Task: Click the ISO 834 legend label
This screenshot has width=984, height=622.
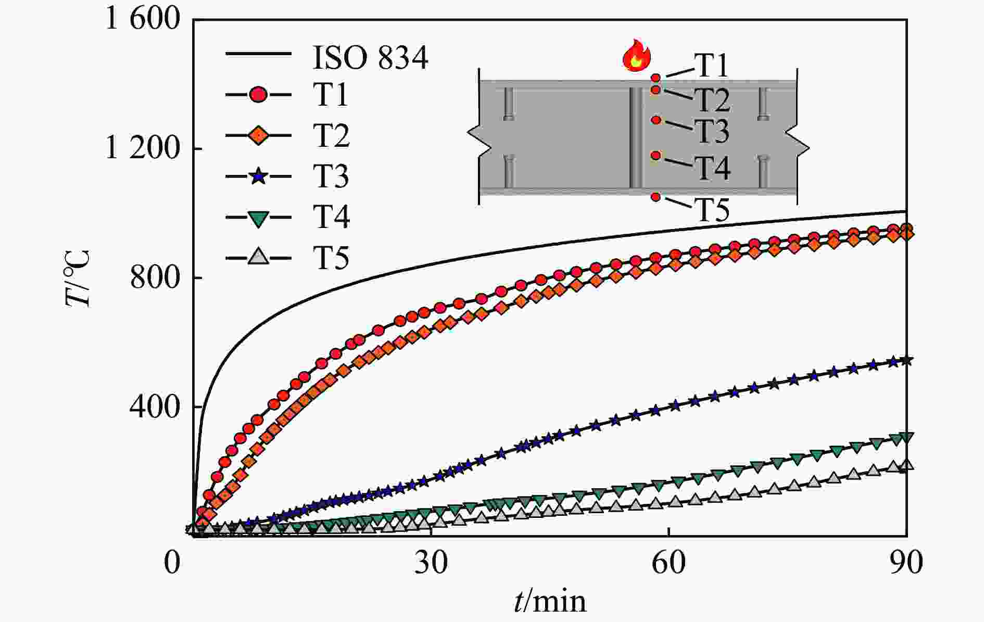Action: pyautogui.click(x=370, y=57)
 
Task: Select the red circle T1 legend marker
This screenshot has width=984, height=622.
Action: pyautogui.click(x=259, y=95)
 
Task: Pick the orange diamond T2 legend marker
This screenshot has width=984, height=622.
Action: pyautogui.click(x=259, y=136)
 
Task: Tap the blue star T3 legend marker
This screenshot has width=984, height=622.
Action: pyautogui.click(x=259, y=176)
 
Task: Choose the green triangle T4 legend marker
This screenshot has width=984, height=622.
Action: pyautogui.click(x=259, y=217)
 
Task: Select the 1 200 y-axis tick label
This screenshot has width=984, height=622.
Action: pyautogui.click(x=143, y=149)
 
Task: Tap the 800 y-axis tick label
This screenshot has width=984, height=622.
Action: pyautogui.click(x=155, y=278)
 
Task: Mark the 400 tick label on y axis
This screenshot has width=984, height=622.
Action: pyautogui.click(x=155, y=407)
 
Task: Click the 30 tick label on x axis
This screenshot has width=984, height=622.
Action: pyautogui.click(x=431, y=563)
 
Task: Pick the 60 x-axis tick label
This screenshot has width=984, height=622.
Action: pyautogui.click(x=669, y=563)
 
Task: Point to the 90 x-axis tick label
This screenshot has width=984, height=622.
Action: pyautogui.click(x=906, y=563)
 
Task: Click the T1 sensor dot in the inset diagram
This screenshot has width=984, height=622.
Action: pyautogui.click(x=656, y=78)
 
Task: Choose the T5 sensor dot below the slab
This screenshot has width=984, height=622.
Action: pyautogui.click(x=656, y=197)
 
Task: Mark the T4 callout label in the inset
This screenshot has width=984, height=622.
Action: pyautogui.click(x=713, y=167)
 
